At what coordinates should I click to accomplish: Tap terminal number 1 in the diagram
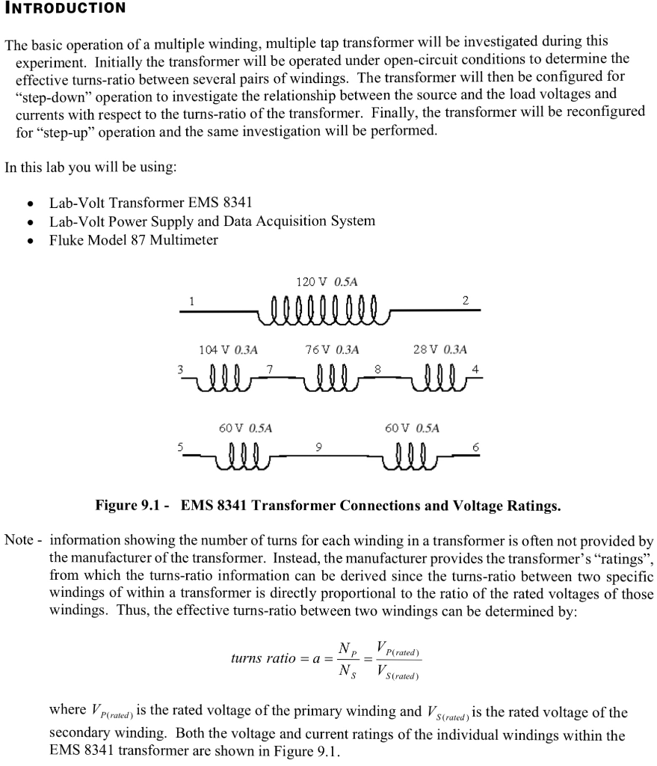pyautogui.click(x=192, y=301)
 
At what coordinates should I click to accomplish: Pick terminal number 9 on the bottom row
pyautogui.click(x=319, y=447)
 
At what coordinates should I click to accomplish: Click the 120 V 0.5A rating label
pyautogui.click(x=327, y=282)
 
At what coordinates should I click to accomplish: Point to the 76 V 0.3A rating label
pyautogui.click(x=332, y=349)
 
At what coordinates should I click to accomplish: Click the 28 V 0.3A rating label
pyautogui.click(x=439, y=349)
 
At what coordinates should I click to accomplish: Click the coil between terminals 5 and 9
pyautogui.click(x=242, y=454)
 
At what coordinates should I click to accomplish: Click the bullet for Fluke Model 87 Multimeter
pyautogui.click(x=29, y=241)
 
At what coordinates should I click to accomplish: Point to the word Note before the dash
pyautogui.click(x=18, y=541)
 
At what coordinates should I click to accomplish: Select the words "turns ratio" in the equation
pyautogui.click(x=265, y=660)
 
